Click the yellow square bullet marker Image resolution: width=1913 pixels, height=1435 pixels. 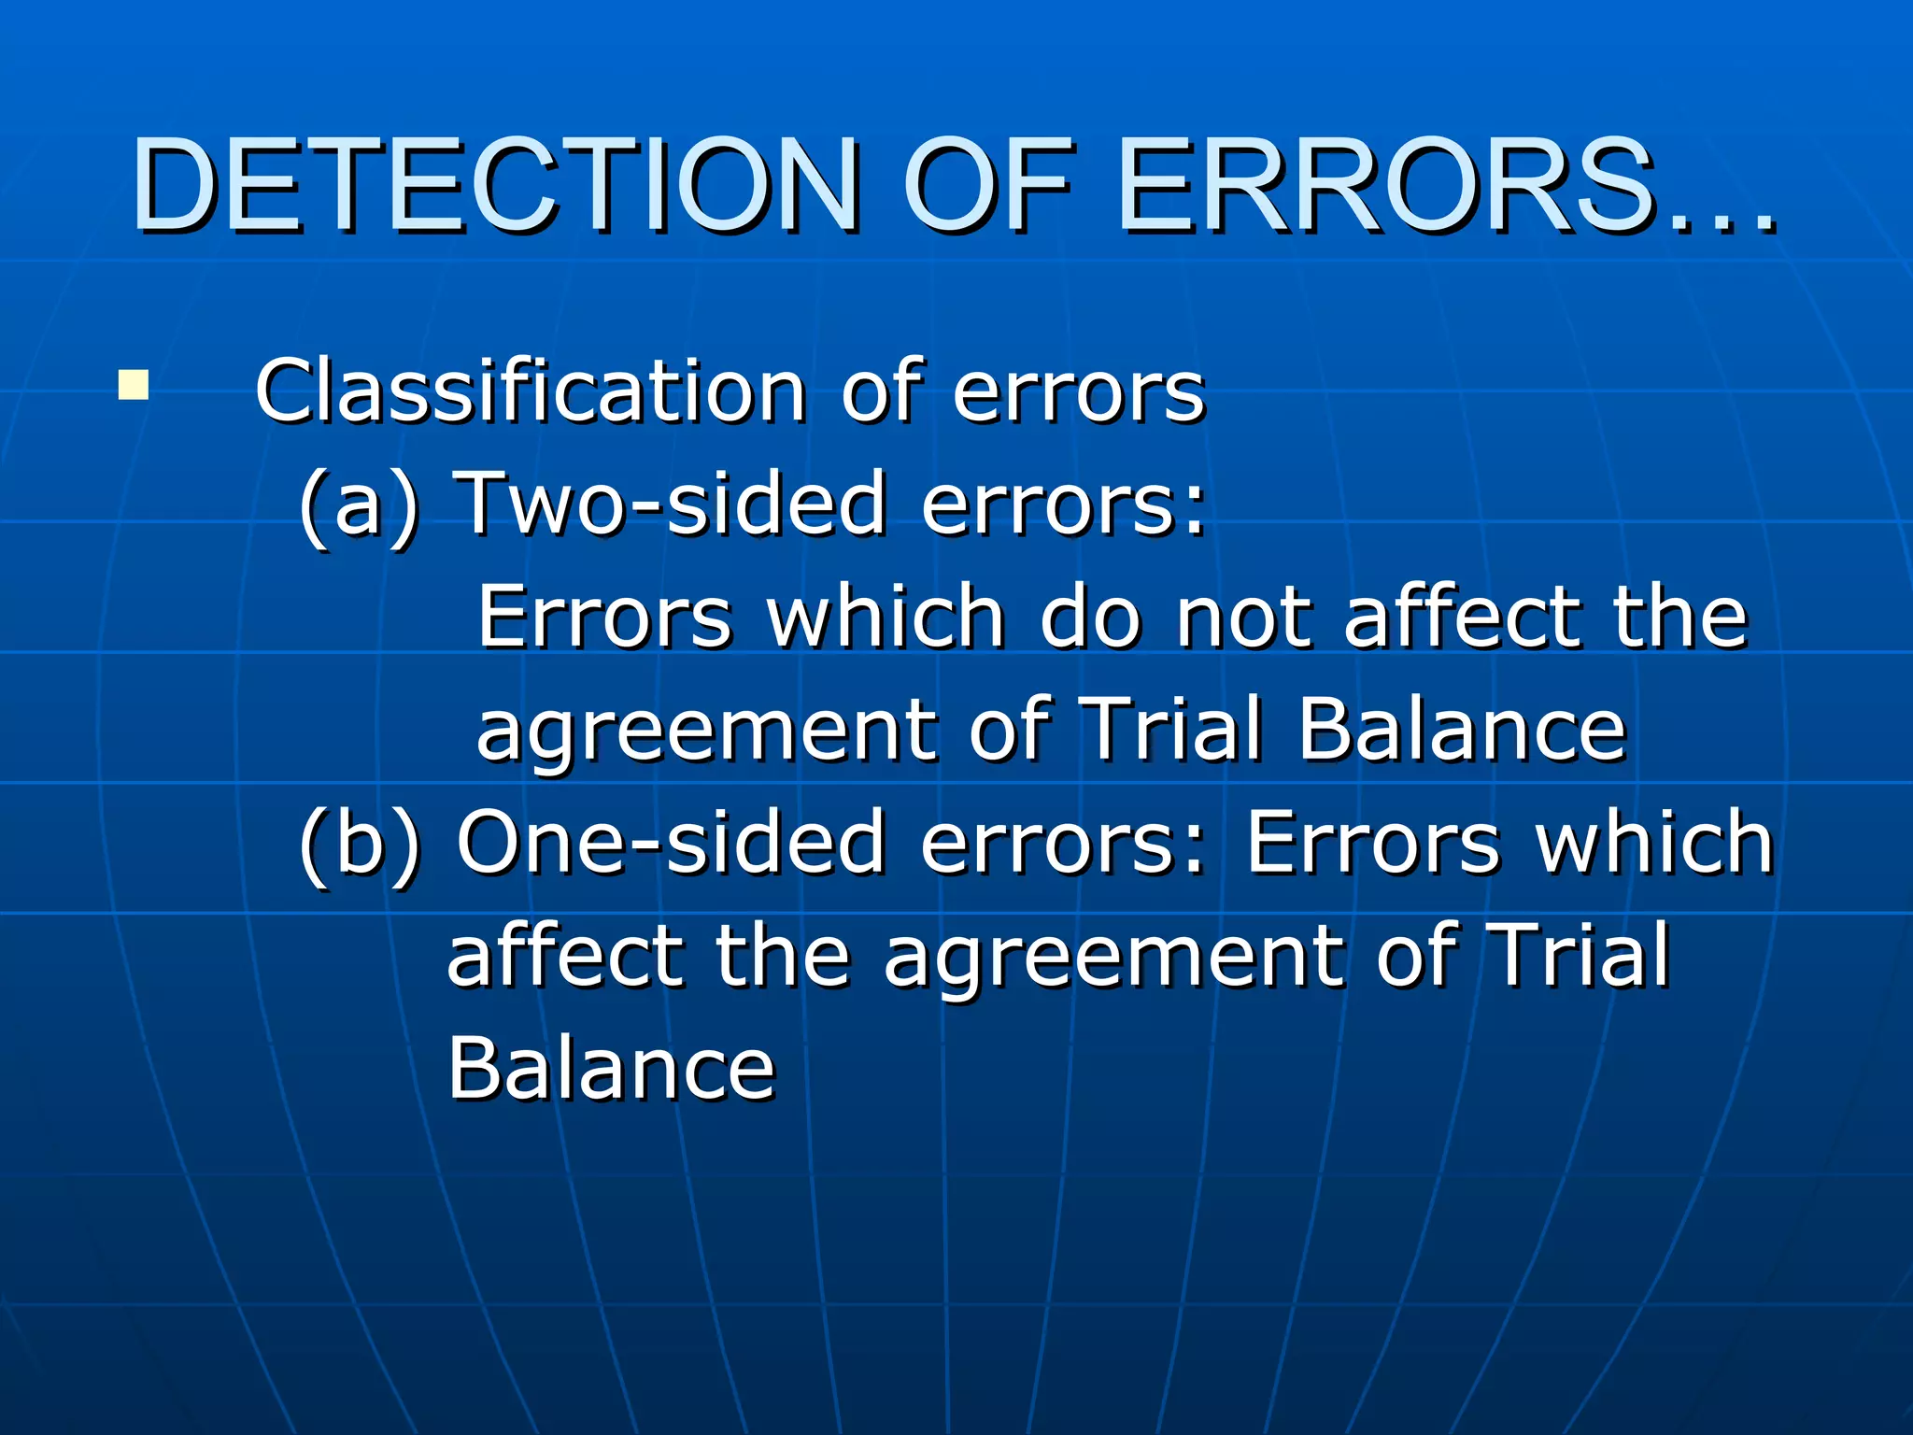[133, 386]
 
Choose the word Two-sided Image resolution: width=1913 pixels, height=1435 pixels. [673, 504]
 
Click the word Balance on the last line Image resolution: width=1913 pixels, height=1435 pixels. [611, 1069]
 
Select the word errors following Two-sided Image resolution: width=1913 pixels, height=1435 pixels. [1063, 505]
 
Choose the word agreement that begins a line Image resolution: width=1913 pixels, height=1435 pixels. [705, 732]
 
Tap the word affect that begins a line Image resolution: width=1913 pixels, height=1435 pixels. [564, 956]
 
